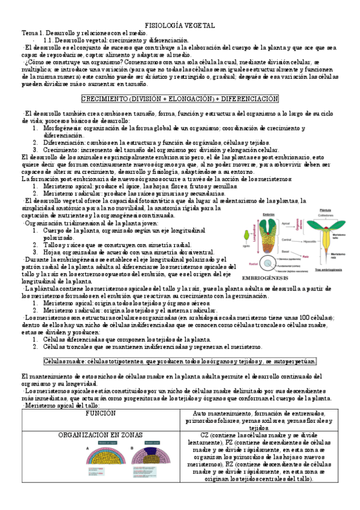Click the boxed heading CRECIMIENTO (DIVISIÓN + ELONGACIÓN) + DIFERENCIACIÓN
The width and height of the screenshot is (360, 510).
(180, 99)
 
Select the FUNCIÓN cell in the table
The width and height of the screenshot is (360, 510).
(100, 414)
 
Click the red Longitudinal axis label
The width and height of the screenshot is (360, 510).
(254, 236)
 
